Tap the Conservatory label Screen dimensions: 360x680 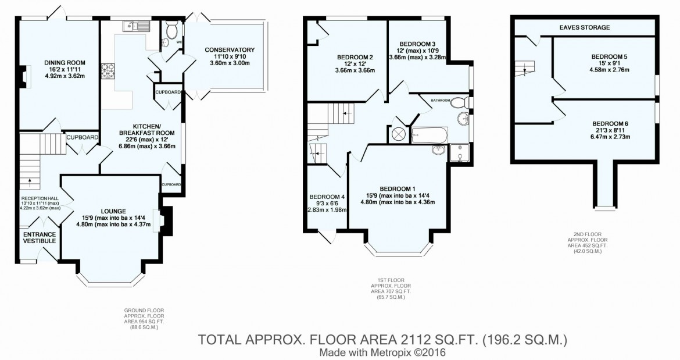[230, 49]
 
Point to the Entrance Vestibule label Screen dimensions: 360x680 [39, 237]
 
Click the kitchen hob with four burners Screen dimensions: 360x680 [109, 70]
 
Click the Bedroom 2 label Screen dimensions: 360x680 [355, 57]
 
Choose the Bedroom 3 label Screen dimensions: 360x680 [417, 44]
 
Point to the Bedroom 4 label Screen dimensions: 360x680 [327, 197]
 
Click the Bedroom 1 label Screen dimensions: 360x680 [398, 188]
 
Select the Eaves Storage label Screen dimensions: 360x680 [584, 27]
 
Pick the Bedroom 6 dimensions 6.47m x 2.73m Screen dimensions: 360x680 [610, 137]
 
